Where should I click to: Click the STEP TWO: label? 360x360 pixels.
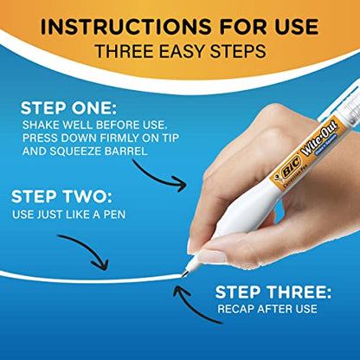(55, 196)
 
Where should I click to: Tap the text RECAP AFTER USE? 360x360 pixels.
(267, 309)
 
